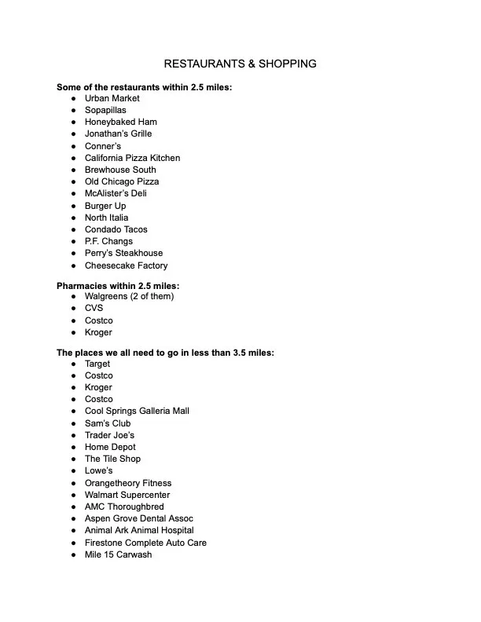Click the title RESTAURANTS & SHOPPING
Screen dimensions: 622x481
pyautogui.click(x=240, y=64)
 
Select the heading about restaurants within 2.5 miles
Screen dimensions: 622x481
pyautogui.click(x=144, y=87)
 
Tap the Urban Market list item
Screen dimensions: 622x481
pyautogui.click(x=112, y=98)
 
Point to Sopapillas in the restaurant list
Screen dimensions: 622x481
pyautogui.click(x=105, y=110)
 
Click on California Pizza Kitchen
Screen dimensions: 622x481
pyautogui.click(x=132, y=158)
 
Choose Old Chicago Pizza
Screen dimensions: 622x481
pyautogui.click(x=122, y=181)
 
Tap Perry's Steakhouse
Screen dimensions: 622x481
pyautogui.click(x=123, y=253)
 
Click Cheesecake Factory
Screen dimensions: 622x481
pyautogui.click(x=126, y=265)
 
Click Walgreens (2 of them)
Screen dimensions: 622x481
pyautogui.click(x=129, y=296)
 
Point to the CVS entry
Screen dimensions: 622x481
pyautogui.click(x=94, y=308)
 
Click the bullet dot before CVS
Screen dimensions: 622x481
pyautogui.click(x=73, y=309)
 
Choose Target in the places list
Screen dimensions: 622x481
pyautogui.click(x=97, y=364)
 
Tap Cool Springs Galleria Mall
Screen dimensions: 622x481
pyautogui.click(x=137, y=411)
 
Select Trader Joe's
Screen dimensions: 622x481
pyautogui.click(x=109, y=435)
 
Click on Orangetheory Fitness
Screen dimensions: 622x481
pyautogui.click(x=127, y=483)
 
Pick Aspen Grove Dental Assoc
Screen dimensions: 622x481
pyautogui.click(x=138, y=518)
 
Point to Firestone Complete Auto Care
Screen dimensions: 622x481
pyautogui.click(x=145, y=543)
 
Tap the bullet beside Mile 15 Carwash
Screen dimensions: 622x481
pyautogui.click(x=73, y=555)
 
